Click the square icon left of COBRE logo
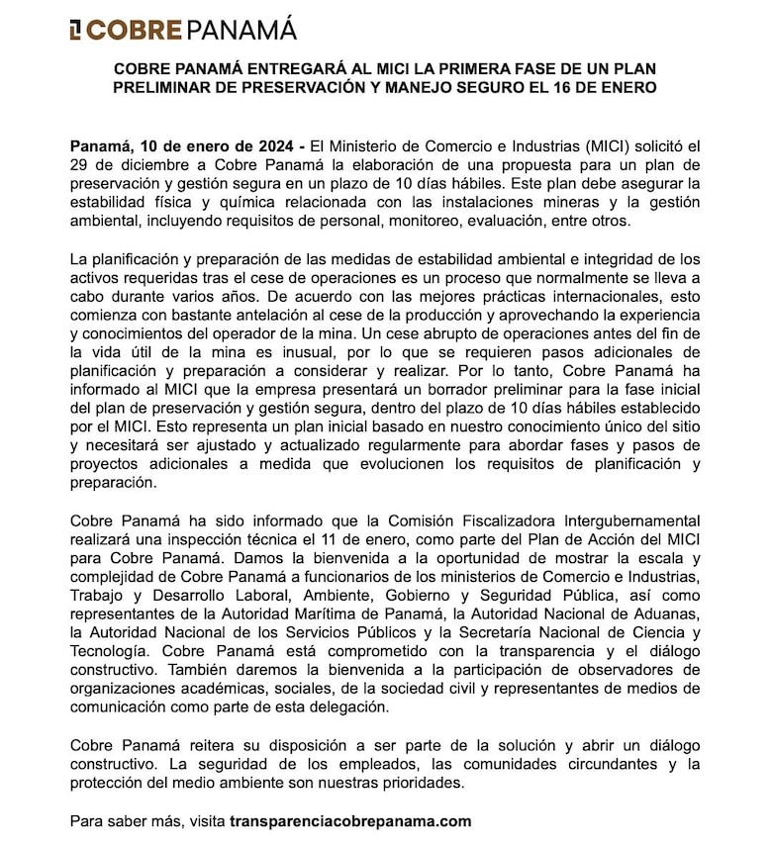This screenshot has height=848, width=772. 76,30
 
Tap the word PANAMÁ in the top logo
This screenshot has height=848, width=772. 241,30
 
